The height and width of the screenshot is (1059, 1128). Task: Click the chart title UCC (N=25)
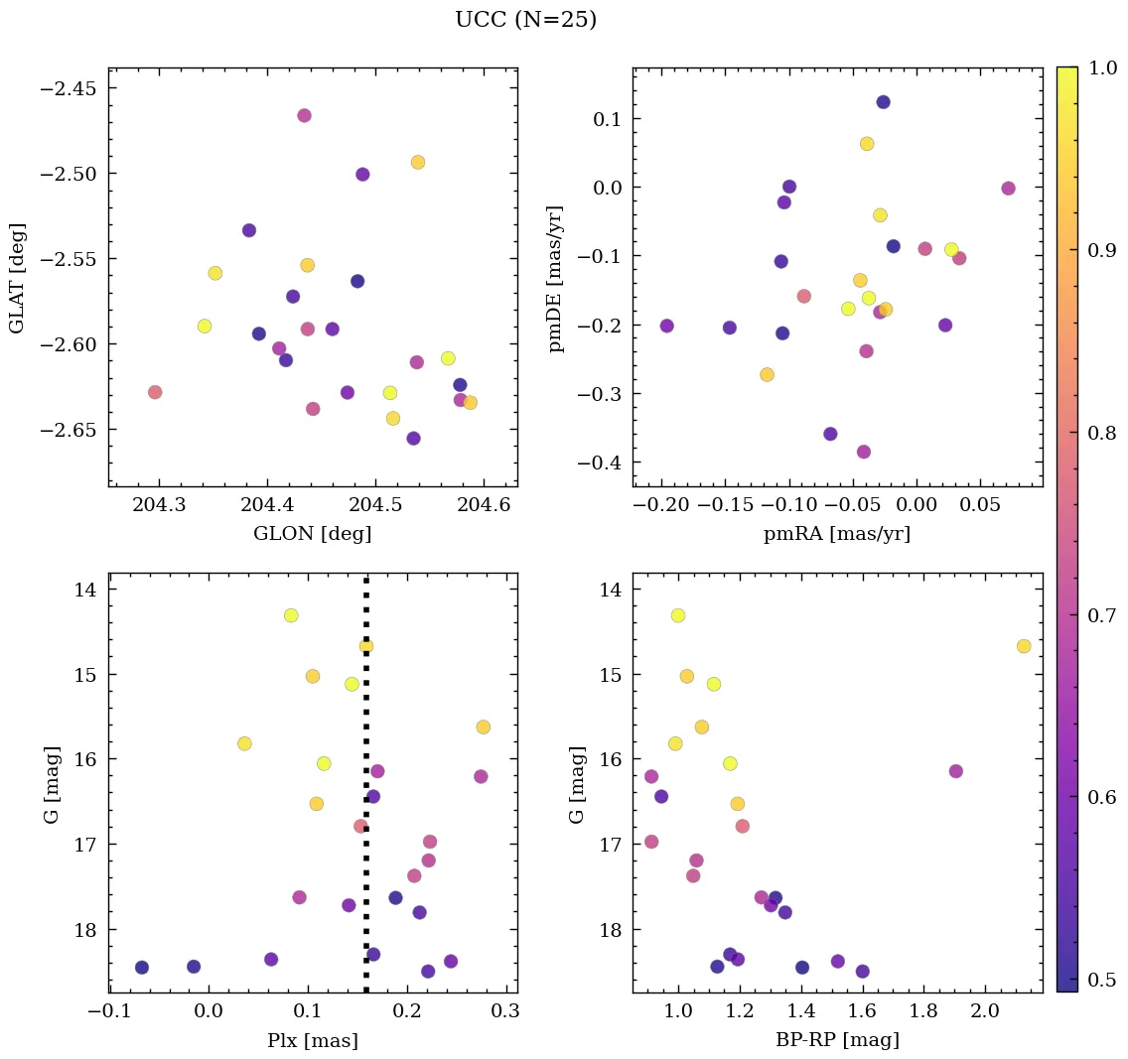(525, 20)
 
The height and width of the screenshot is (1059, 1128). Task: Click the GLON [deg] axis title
(313, 534)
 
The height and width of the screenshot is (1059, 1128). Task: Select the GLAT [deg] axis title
(17, 278)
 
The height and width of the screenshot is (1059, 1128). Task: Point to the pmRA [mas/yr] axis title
(837, 534)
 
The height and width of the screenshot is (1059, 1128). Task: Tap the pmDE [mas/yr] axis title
(556, 278)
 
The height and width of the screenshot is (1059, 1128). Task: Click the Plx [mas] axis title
(313, 1040)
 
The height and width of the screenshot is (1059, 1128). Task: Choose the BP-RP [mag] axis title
(837, 1040)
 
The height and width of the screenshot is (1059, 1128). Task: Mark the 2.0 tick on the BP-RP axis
(984, 1011)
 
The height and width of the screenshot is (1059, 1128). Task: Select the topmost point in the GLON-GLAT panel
(304, 115)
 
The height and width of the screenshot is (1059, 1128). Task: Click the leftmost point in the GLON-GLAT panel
(155, 392)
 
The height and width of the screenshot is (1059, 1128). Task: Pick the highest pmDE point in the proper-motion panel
(883, 102)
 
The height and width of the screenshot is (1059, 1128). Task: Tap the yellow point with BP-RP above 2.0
(1024, 646)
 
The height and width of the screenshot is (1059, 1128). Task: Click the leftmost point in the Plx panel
(142, 967)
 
